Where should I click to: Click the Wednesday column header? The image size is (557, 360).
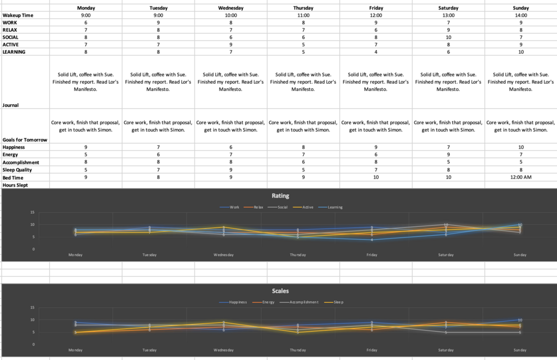point(231,8)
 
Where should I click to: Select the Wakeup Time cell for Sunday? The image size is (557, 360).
point(520,16)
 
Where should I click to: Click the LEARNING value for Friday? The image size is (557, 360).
point(376,52)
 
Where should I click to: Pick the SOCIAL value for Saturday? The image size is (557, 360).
point(448,37)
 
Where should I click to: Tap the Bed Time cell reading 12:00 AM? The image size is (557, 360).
point(520,178)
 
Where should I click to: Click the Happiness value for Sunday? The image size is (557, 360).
point(520,148)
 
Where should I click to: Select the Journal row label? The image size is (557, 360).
point(11,105)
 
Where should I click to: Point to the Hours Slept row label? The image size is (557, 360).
point(15,185)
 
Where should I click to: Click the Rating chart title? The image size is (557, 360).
point(280,196)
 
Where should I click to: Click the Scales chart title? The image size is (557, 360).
point(280,291)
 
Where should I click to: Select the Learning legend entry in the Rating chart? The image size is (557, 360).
point(334,207)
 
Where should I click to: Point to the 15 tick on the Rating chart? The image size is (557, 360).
point(33,212)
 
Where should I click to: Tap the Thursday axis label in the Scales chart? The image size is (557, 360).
point(298,350)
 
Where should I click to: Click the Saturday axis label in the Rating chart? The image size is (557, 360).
point(446,255)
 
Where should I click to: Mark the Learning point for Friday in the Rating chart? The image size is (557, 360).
point(372,240)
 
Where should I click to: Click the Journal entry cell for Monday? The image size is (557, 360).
point(86,82)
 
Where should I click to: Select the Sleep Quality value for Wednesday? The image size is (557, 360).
point(231,170)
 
